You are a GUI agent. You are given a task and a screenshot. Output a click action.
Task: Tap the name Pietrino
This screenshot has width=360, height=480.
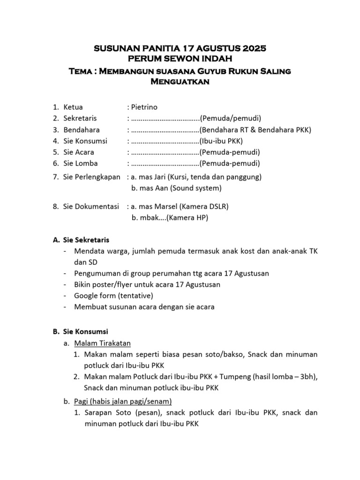147,107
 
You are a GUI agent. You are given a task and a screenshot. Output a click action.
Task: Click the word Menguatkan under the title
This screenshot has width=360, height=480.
180,82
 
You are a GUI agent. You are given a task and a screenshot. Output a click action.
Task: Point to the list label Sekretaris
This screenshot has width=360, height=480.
80,118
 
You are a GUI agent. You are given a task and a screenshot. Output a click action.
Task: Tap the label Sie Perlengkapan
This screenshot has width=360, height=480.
91,177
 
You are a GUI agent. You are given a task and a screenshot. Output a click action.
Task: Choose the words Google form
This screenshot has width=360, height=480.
95,296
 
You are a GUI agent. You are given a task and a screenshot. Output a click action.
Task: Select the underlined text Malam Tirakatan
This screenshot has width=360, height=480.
102,343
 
